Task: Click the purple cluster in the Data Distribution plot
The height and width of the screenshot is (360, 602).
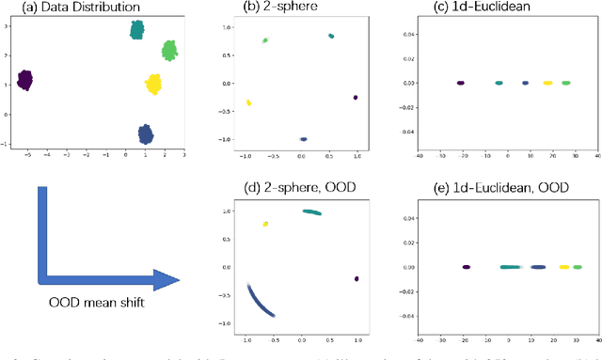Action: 25,80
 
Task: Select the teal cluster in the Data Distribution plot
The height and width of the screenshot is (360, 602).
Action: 137,29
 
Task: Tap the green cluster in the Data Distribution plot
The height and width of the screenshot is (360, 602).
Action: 169,50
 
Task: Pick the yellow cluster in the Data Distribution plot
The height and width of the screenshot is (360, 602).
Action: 153,86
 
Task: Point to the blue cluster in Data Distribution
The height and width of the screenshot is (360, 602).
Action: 146,133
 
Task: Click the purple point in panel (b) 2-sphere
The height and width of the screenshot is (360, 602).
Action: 356,97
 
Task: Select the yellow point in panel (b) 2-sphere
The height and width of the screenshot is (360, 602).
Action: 248,102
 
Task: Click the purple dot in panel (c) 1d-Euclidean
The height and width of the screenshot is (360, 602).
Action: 461,83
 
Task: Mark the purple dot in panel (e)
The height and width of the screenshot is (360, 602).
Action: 467,267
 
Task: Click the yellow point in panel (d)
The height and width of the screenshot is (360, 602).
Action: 265,224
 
